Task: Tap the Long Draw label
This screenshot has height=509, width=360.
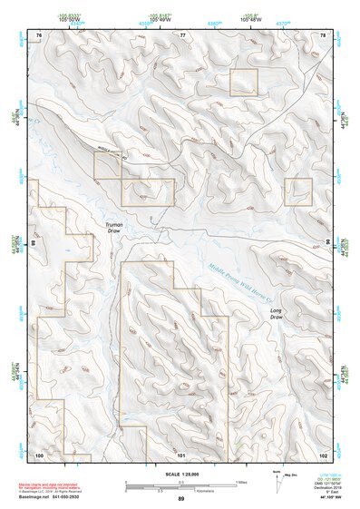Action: pos(277,313)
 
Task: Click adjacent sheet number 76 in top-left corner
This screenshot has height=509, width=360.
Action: pos(38,34)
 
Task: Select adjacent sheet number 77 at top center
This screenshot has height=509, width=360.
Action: pos(181,34)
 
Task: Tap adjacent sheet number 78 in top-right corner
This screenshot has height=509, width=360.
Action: pos(322,34)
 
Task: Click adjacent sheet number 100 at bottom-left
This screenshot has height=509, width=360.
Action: pos(39,454)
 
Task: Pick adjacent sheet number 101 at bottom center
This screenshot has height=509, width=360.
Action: pos(181,454)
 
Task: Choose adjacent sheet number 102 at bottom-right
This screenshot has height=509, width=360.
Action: pos(323,454)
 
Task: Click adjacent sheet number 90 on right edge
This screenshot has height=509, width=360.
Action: pos(327,242)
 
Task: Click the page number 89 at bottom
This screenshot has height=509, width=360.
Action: pos(180,500)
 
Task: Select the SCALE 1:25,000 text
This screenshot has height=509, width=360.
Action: pos(180,475)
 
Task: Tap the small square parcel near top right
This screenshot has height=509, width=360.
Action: pos(244,82)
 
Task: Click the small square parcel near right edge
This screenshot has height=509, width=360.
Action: pos(299,191)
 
